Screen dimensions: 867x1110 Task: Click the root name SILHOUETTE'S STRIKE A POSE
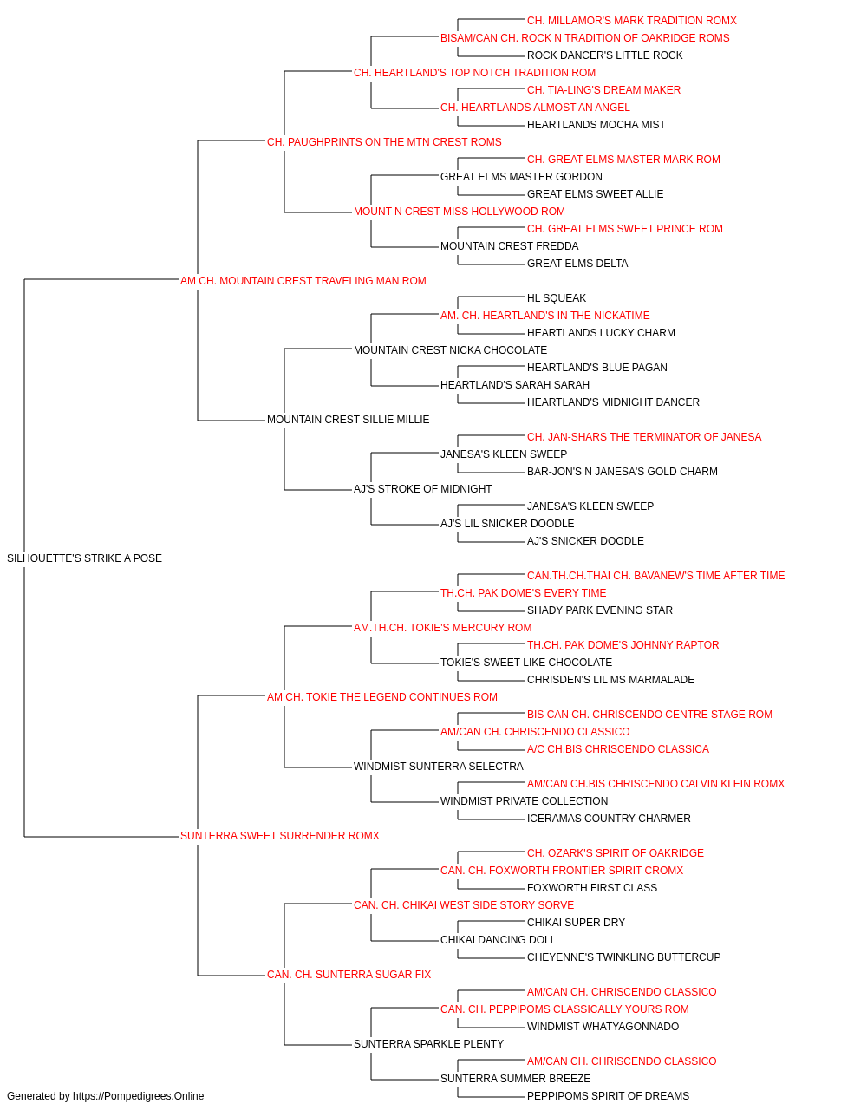click(84, 558)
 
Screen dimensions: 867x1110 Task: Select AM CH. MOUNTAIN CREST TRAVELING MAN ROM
click(303, 281)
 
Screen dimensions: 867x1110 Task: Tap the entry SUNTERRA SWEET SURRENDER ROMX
click(280, 836)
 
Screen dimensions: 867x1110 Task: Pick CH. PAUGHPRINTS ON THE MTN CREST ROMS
click(384, 142)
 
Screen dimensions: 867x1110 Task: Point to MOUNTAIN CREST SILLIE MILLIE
click(348, 420)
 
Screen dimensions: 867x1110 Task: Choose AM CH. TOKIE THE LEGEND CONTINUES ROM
click(382, 696)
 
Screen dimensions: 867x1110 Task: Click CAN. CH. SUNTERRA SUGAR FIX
click(349, 975)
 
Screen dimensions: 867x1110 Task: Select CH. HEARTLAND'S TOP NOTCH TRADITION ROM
click(474, 73)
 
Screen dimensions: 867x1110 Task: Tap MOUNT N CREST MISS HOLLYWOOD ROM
click(459, 212)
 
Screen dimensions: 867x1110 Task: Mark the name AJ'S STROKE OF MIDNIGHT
click(422, 489)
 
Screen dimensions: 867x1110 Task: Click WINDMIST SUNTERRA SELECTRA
click(438, 767)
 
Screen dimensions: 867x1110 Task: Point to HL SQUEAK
click(556, 297)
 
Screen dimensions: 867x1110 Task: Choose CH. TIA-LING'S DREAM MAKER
click(603, 90)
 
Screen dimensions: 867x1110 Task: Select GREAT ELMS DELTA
click(577, 264)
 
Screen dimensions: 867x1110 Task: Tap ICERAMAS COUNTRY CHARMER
click(609, 819)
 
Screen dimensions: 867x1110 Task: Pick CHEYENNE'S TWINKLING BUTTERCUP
click(623, 957)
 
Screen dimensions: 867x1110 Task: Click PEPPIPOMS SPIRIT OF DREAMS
click(608, 1096)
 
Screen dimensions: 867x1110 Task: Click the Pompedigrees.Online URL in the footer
click(138, 1096)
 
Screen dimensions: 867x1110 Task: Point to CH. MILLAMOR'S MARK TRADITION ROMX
click(632, 21)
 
